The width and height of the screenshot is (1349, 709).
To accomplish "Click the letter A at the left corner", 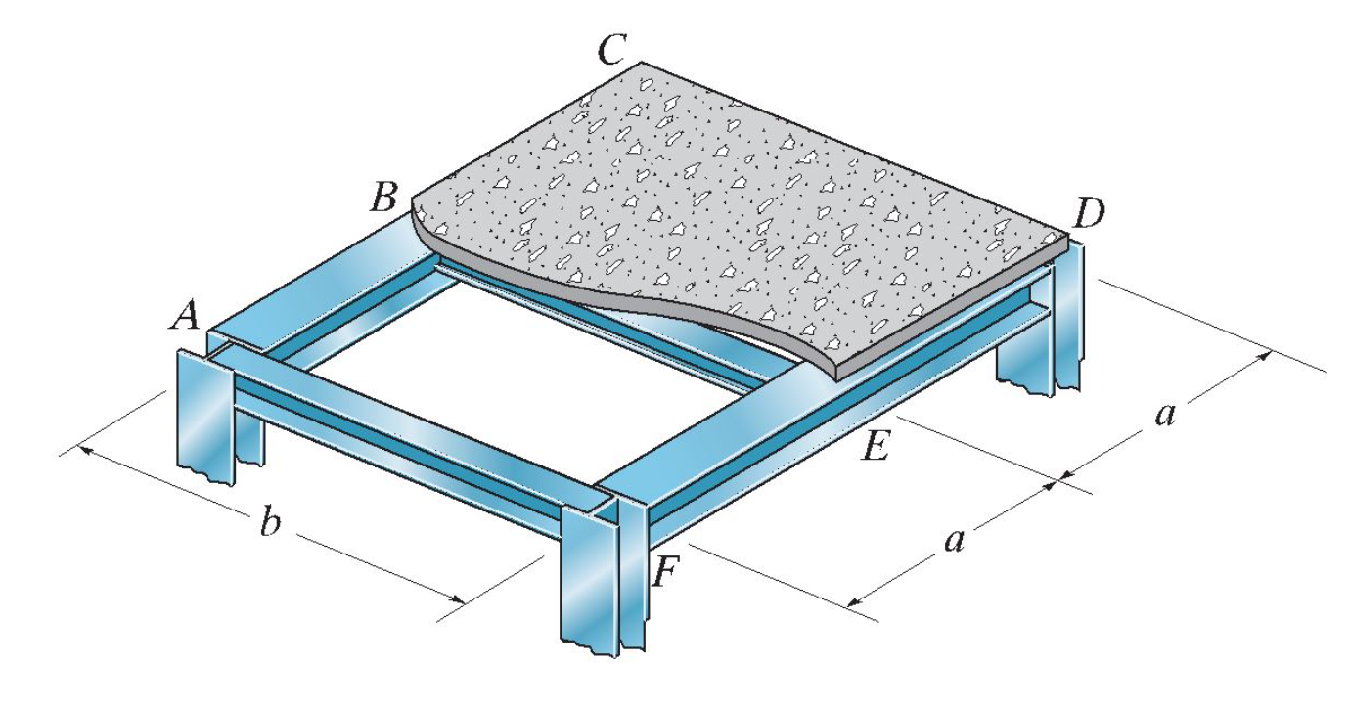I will tap(187, 315).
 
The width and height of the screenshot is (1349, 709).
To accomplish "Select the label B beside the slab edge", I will tap(383, 199).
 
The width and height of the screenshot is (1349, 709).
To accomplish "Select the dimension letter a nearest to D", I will tap(1164, 414).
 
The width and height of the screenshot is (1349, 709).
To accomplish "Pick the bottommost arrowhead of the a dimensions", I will tap(853, 598).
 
